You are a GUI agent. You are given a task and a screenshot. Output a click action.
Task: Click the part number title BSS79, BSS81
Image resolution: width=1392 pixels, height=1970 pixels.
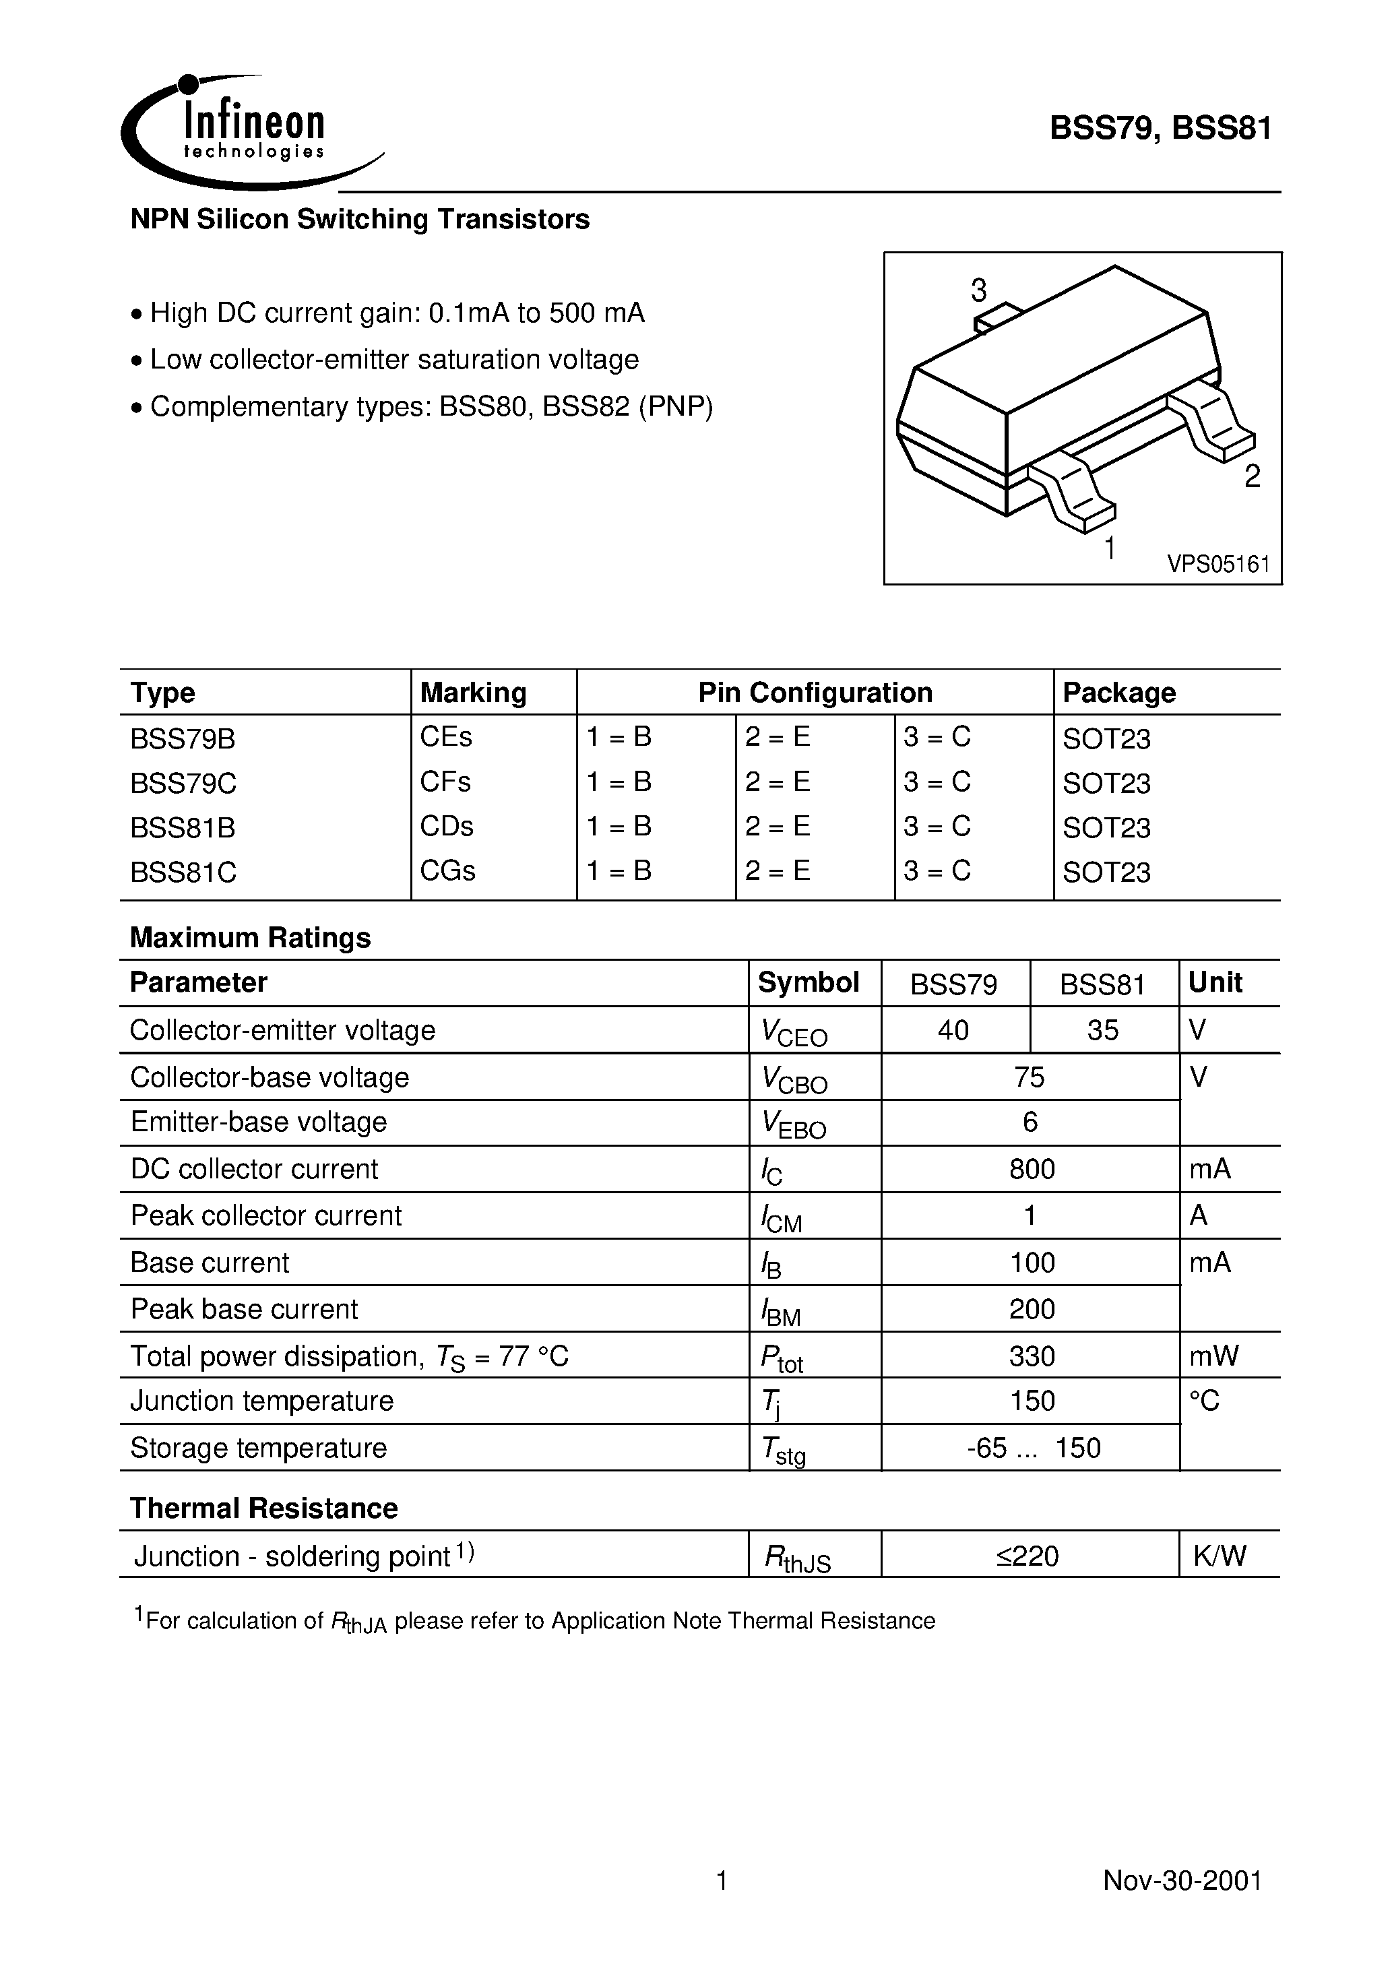coord(1160,129)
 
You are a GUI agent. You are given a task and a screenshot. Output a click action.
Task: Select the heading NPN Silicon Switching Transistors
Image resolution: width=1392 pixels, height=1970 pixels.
coord(360,220)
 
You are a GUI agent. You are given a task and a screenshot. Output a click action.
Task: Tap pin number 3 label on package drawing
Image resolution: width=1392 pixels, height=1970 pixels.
coord(978,292)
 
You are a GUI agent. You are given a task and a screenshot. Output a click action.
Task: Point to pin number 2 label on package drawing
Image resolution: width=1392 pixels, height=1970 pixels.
coord(1252,476)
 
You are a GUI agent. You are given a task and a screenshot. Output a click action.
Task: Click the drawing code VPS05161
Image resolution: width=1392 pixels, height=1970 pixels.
coord(1217,564)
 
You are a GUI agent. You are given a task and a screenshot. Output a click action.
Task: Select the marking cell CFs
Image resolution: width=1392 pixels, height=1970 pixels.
coord(445,782)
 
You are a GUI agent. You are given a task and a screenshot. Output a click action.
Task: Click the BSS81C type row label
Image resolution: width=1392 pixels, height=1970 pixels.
coord(183,872)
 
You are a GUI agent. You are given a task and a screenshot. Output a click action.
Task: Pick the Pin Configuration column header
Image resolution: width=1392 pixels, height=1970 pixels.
coord(815,693)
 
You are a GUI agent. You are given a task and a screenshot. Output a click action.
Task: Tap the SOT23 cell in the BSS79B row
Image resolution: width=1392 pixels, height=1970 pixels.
coord(1106,738)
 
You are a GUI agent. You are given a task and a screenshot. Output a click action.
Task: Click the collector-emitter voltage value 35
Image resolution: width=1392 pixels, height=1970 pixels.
coord(1103,1029)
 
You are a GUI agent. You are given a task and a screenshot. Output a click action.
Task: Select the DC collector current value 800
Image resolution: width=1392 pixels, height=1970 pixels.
coord(1032,1169)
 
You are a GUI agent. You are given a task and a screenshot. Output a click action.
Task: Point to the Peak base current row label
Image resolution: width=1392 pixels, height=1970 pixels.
coord(244,1308)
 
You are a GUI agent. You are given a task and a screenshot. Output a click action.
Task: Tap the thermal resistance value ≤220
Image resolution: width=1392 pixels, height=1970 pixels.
coord(1027,1556)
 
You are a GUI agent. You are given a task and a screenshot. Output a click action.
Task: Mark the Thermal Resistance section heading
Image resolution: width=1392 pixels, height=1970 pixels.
coord(263,1508)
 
